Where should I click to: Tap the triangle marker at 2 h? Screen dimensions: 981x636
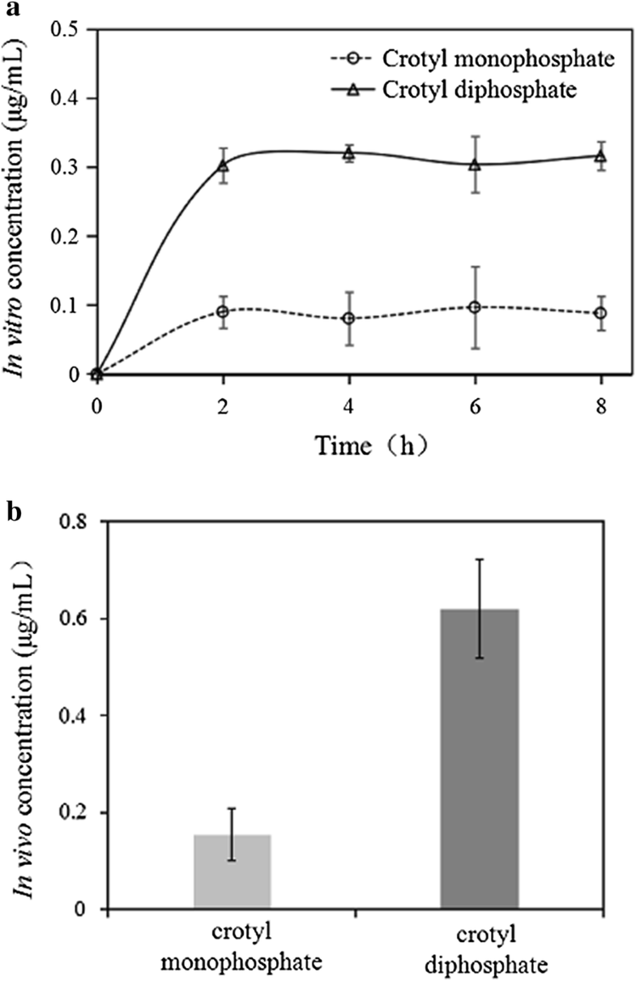(x=223, y=165)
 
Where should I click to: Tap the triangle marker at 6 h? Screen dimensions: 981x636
(x=475, y=165)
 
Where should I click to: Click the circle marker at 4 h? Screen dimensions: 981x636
(x=349, y=319)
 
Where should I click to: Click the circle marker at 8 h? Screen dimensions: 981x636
(x=601, y=313)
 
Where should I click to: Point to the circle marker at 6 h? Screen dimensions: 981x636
(x=475, y=307)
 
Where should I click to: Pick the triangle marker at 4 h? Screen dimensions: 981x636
(x=349, y=152)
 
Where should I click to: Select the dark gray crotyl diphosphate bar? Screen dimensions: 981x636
(x=479, y=759)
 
